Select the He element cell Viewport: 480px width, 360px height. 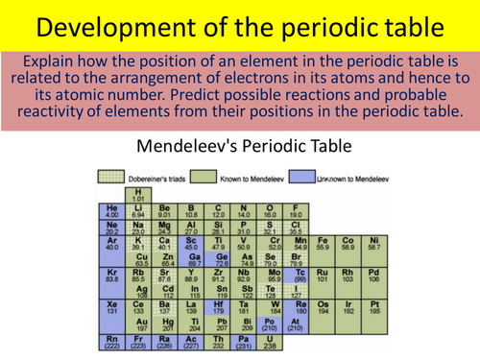[111, 210]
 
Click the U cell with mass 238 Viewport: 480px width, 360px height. [271, 342]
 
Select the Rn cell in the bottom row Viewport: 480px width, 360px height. [111, 342]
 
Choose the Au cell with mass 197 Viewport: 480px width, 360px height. [142, 325]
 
